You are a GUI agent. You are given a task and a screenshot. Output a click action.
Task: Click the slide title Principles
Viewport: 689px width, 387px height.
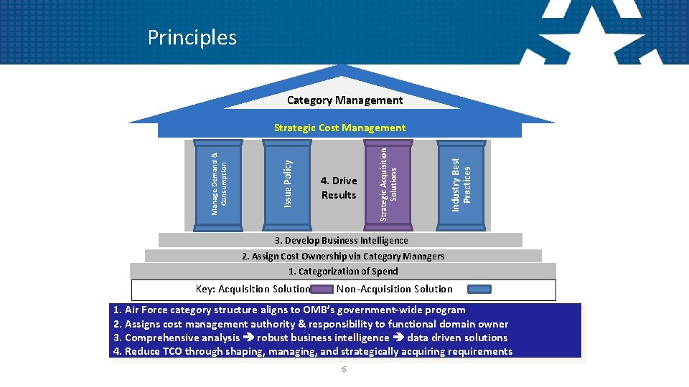point(192,37)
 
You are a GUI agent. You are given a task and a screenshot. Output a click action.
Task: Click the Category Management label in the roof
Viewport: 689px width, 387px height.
point(344,100)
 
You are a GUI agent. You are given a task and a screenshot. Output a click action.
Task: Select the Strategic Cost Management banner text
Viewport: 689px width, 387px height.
point(339,128)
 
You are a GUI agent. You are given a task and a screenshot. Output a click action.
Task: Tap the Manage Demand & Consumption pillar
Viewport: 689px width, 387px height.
point(218,185)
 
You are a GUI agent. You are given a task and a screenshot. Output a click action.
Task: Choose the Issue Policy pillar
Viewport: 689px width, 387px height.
point(287,185)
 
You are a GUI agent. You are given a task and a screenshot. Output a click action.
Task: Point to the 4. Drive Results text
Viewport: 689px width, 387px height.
point(339,188)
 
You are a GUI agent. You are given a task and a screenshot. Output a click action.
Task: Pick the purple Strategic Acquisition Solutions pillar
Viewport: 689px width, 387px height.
point(388,185)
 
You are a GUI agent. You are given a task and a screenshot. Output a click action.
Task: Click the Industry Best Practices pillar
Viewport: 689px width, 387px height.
point(461,185)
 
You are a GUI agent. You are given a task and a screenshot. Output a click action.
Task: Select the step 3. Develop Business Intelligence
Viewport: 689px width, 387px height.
point(341,241)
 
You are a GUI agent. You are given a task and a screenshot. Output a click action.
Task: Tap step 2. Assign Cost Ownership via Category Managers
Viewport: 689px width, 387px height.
point(343,256)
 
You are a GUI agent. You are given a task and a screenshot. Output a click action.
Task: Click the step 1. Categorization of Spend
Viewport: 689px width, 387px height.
point(343,271)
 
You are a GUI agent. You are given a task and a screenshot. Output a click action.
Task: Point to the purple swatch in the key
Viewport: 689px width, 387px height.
point(322,290)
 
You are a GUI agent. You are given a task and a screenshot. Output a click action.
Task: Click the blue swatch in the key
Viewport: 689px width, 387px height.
point(479,290)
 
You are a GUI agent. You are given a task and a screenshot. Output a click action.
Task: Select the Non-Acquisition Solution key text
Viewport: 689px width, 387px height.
point(395,289)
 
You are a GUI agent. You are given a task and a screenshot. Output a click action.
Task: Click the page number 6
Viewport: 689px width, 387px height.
point(344,369)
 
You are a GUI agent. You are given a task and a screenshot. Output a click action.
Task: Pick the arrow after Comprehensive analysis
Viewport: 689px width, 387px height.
point(248,338)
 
